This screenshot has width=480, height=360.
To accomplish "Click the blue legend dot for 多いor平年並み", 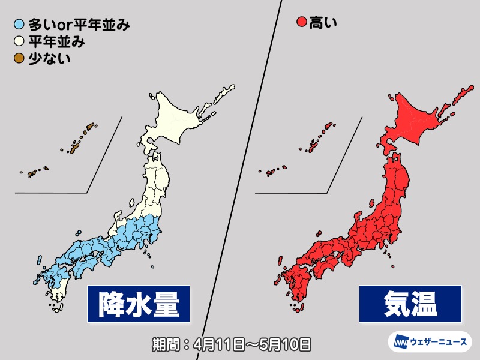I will [19, 25].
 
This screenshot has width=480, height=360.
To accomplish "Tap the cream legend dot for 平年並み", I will [19, 42].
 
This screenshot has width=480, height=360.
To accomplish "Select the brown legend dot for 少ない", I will [19, 58].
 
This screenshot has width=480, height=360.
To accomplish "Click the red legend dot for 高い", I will [302, 24].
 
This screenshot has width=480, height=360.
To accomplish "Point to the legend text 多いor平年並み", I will [78, 25].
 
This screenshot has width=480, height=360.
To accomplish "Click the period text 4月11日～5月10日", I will [231, 344].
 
